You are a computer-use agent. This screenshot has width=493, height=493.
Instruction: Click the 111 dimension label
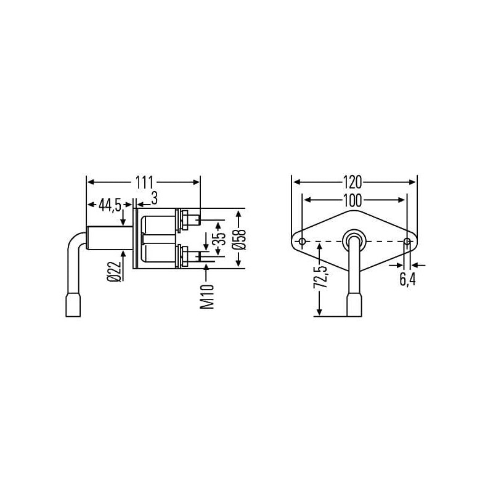(x=144, y=182)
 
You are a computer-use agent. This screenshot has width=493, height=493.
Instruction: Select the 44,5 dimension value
(x=110, y=205)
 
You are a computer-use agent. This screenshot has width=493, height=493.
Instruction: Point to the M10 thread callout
(x=207, y=296)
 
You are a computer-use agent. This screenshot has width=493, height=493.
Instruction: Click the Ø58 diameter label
(x=239, y=239)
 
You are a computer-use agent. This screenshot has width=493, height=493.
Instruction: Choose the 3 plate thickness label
(x=154, y=198)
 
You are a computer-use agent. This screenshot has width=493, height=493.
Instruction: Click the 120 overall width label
(x=352, y=182)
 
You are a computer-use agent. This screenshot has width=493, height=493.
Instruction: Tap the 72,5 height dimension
(x=320, y=277)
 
